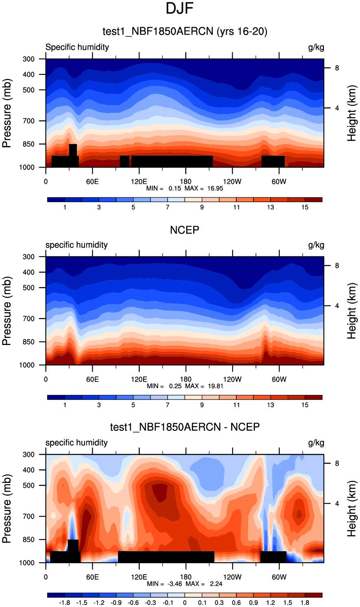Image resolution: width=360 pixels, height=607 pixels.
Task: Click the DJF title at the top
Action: (x=179, y=9)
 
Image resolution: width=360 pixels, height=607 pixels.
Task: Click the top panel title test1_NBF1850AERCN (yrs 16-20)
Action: (x=185, y=31)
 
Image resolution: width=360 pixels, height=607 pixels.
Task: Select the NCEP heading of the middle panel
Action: (x=185, y=230)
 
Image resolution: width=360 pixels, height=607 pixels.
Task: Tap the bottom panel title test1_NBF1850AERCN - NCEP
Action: (x=185, y=427)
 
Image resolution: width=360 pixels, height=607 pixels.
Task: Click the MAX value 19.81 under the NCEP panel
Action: (x=215, y=386)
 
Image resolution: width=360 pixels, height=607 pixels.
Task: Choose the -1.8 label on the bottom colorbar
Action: (x=64, y=603)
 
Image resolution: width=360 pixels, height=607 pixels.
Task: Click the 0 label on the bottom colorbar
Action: (x=185, y=603)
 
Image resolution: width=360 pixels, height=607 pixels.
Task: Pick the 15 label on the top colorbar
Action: (x=305, y=207)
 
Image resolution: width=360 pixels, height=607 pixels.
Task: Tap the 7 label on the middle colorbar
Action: (x=168, y=405)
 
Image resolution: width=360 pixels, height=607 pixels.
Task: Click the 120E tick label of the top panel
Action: (x=139, y=181)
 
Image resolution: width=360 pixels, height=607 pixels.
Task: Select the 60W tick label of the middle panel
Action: (x=279, y=379)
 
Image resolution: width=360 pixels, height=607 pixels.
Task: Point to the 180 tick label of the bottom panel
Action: (x=185, y=577)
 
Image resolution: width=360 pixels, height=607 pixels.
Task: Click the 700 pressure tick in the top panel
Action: (x=28, y=121)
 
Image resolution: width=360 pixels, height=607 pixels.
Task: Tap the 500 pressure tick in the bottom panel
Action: (x=28, y=485)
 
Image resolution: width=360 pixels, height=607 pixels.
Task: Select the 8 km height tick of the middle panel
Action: (x=337, y=266)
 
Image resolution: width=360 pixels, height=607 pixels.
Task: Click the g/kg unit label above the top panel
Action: (x=316, y=47)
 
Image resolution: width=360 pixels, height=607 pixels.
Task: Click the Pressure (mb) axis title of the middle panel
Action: (x=7, y=311)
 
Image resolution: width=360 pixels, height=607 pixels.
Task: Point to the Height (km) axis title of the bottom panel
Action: (x=352, y=509)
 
